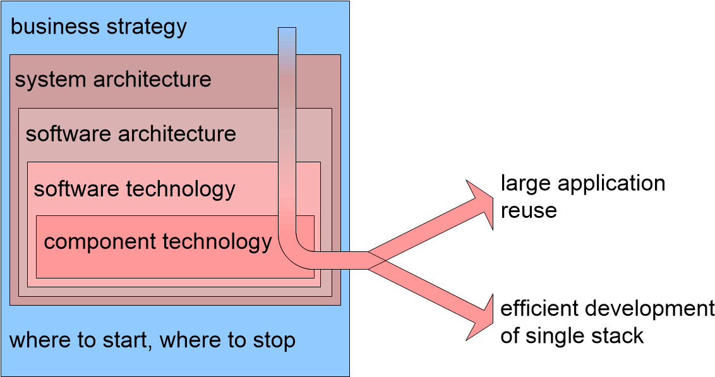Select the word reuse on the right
(x=529, y=210)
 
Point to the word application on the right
(x=611, y=184)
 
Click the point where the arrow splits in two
(x=377, y=260)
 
